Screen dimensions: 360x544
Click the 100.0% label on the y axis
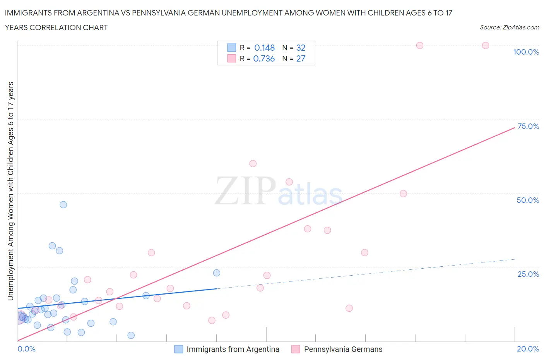(526, 52)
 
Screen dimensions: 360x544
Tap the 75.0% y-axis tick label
(528, 126)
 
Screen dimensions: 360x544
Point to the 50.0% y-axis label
(528, 200)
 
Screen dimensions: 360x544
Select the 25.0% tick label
(528, 274)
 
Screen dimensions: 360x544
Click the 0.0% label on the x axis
(26, 349)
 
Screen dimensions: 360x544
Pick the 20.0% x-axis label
(528, 349)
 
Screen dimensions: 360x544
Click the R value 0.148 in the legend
(264, 48)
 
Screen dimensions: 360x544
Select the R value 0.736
(264, 58)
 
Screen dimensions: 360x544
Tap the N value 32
(301, 48)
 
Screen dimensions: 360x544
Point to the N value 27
(301, 58)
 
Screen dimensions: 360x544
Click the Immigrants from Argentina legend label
(233, 349)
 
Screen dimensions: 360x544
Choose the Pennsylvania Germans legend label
(343, 349)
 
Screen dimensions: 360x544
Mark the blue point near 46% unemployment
(63, 205)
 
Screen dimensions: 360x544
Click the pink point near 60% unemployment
(253, 163)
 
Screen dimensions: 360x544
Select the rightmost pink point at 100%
(486, 45)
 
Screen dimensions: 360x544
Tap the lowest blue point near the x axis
(131, 335)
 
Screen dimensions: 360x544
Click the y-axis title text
(11, 191)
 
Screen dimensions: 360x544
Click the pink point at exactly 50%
(403, 194)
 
